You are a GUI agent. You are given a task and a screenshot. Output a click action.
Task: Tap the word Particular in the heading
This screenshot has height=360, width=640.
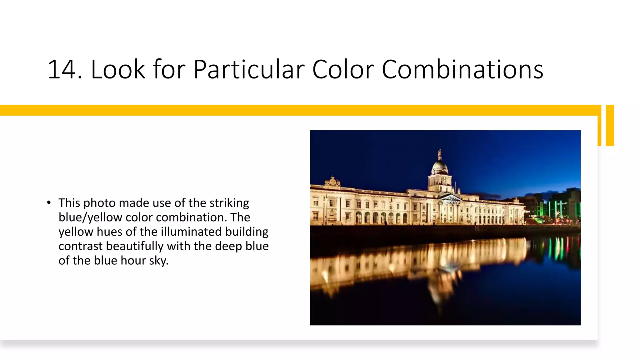(249, 69)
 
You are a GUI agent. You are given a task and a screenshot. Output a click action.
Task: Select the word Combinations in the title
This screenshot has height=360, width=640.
(462, 69)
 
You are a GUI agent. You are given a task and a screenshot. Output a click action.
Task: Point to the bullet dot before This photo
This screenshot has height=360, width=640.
(49, 202)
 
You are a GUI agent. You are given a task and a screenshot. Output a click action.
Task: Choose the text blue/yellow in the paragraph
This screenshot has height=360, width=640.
(90, 217)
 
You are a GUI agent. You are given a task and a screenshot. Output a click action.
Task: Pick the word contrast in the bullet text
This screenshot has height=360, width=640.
(80, 246)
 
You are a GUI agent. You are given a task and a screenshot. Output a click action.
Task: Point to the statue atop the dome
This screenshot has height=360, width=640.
(440, 153)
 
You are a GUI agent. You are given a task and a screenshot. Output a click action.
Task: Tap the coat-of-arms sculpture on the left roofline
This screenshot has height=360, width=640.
(332, 182)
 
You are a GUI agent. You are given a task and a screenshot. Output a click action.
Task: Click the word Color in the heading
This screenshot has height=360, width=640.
(343, 69)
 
